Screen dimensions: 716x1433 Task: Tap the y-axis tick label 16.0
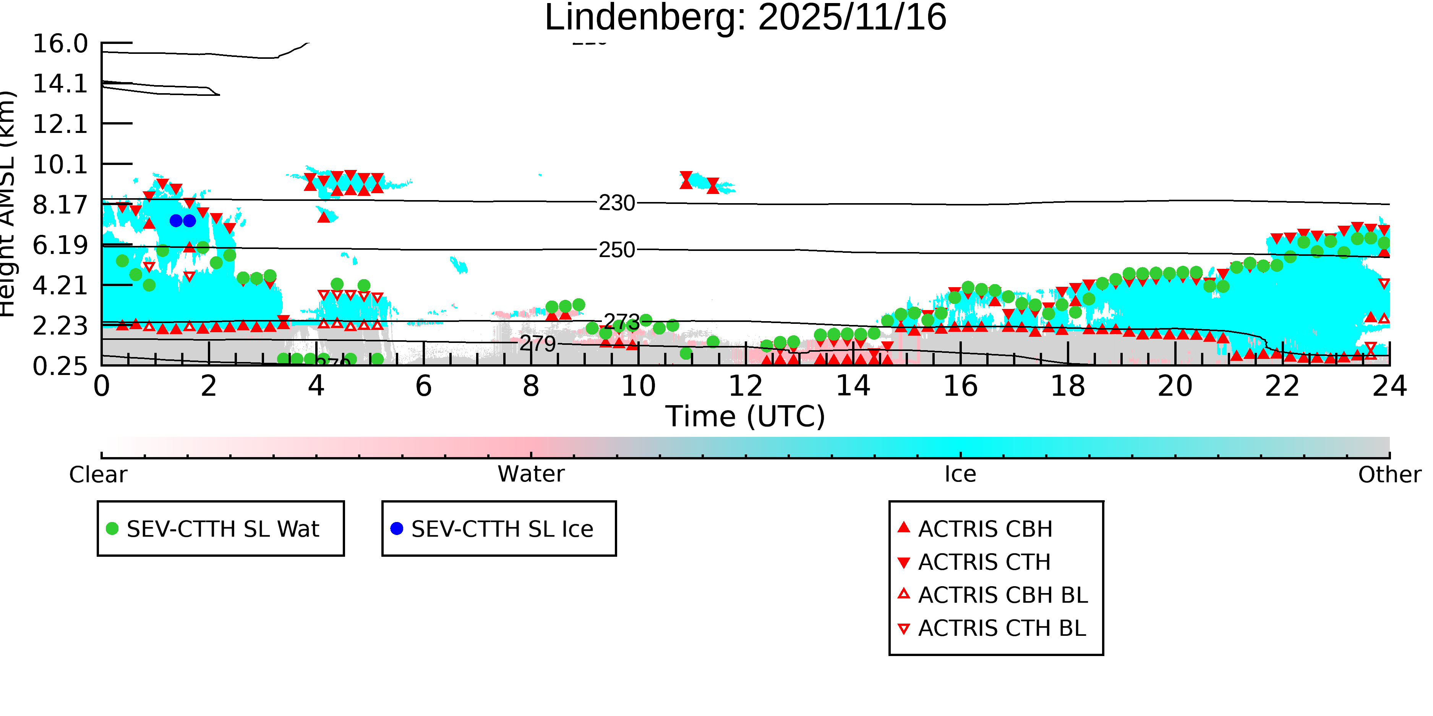point(60,44)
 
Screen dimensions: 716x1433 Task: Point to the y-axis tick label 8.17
point(60,205)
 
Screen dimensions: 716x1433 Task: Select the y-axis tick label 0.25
point(60,366)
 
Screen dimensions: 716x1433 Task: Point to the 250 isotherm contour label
point(616,250)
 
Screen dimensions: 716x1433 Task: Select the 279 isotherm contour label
point(537,344)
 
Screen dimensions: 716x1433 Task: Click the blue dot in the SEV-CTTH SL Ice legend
point(397,529)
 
